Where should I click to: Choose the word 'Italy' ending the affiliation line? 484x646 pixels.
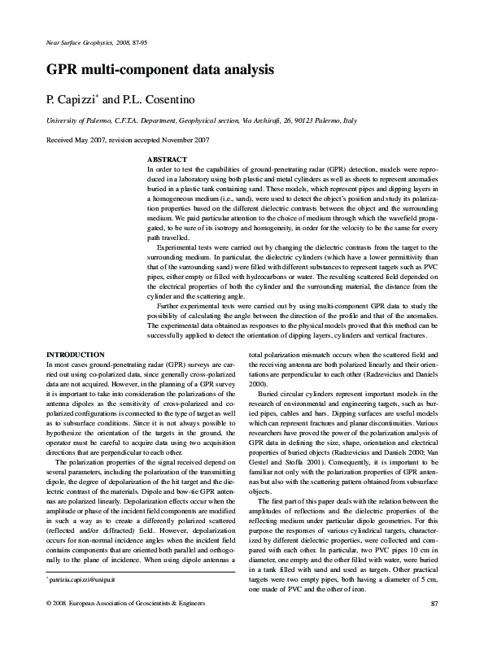(349, 120)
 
